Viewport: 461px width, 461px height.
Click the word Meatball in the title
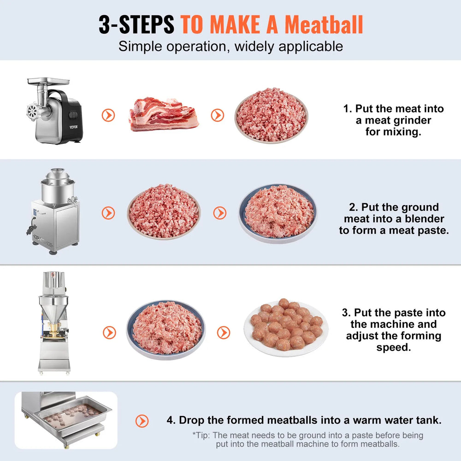coord(323,24)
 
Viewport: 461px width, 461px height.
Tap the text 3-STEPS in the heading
coord(136,24)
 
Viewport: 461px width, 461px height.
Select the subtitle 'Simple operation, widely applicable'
coord(230,47)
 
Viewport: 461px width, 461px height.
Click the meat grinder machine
coord(54,110)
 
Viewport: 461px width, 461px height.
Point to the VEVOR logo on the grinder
coord(74,127)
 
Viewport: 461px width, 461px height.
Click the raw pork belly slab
coord(164,115)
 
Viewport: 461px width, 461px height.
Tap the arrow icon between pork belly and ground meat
coord(218,115)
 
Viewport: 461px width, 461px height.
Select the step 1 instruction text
coord(393,120)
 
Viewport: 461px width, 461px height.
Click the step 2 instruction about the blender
coord(393,219)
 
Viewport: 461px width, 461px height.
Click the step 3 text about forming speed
coord(393,330)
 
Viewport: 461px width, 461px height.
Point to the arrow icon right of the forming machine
coord(109,332)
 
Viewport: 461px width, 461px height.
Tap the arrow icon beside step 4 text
coord(142,420)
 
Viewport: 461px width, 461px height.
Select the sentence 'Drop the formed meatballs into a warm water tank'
coord(304,420)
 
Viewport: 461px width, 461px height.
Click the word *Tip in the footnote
coord(201,435)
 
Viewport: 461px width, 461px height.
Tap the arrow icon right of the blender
coord(109,213)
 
